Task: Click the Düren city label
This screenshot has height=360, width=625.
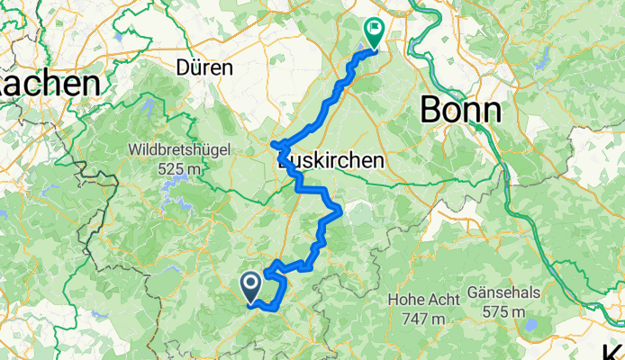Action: click(206, 67)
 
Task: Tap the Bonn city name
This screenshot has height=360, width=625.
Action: click(461, 110)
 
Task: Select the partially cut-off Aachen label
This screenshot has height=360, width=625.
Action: click(50, 85)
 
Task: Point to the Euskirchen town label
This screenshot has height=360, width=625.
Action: click(333, 160)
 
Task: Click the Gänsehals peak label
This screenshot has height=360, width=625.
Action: click(503, 294)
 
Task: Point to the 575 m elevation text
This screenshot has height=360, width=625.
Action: click(503, 313)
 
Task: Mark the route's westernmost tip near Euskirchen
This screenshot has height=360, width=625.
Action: click(273, 144)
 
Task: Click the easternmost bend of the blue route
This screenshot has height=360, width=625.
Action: click(340, 212)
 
